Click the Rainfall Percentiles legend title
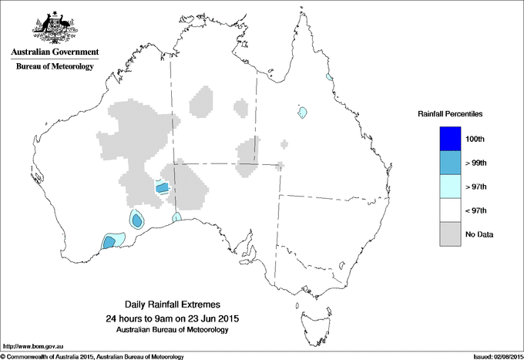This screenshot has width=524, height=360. tap(451, 114)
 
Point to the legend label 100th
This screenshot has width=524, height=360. tap(475, 139)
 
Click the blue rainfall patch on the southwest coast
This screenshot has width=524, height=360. tap(109, 242)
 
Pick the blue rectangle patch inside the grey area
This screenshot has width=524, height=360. tap(162, 187)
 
